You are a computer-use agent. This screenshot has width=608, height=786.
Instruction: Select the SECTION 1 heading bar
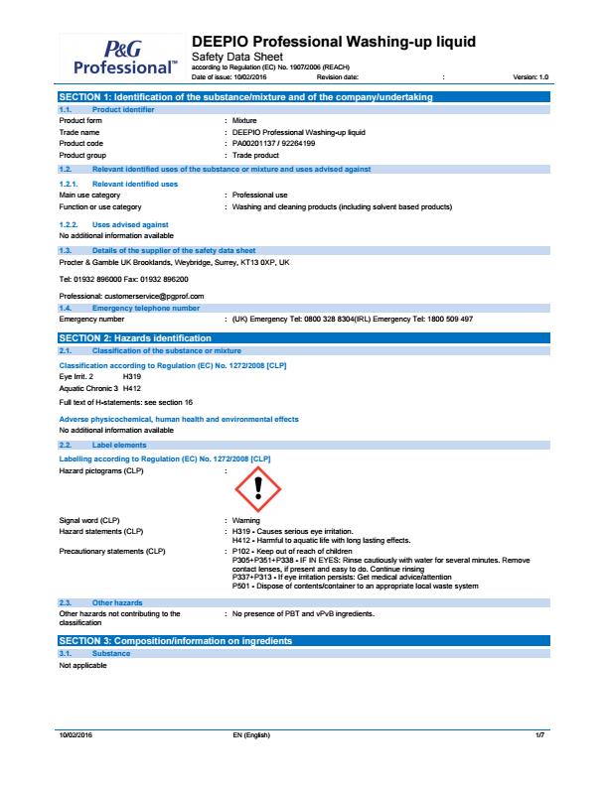[244, 95]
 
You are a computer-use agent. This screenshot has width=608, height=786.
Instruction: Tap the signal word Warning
[245, 520]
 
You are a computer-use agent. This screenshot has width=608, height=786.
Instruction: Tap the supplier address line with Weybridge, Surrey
[174, 262]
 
